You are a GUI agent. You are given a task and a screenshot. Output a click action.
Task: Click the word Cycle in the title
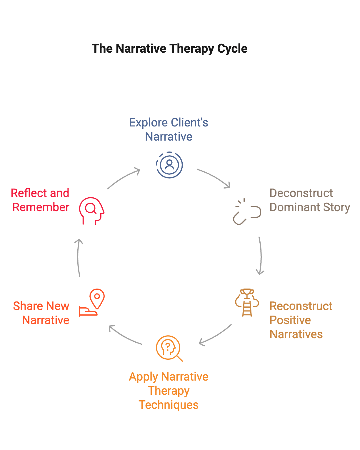point(232,49)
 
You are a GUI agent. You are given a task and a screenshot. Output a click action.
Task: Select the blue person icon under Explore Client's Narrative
point(169,165)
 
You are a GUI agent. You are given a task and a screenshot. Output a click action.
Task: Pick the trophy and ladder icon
point(247,303)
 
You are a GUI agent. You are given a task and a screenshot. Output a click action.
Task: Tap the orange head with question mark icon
point(169,348)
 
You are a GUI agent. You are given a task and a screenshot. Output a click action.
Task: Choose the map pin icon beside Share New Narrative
point(92,303)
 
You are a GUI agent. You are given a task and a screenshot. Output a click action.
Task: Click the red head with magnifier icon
point(91,211)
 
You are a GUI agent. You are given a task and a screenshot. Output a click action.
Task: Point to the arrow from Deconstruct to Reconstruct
point(260,255)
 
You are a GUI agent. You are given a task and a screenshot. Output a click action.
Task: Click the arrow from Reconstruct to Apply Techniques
point(215,335)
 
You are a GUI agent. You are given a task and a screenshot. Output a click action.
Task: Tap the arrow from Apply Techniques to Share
point(125,335)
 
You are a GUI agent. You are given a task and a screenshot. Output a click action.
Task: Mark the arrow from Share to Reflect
point(79,257)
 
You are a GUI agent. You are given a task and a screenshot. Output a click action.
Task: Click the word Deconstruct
point(301,193)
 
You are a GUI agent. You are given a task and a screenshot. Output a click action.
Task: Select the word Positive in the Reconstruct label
point(290,320)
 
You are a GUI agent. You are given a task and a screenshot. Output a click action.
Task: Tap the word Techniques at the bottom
point(169,405)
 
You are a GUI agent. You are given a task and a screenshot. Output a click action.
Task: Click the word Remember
point(41,207)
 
